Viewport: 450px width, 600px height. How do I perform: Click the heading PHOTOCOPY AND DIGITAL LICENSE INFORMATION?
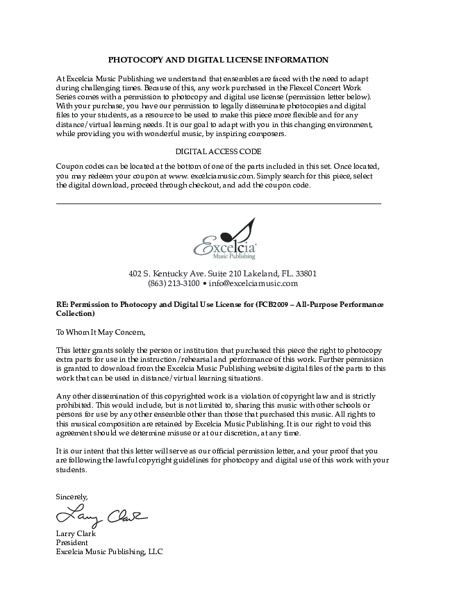coord(218,60)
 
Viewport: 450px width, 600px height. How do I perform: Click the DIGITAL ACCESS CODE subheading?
coord(218,151)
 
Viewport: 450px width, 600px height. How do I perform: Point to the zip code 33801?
coord(306,273)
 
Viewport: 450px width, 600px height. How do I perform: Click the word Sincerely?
coord(72,497)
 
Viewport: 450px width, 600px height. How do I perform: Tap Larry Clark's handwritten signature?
coord(101,517)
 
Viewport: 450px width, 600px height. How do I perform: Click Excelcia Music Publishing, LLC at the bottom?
coord(109,551)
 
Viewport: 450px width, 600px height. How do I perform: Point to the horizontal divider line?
coord(218,203)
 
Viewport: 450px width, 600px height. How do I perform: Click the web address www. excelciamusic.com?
coord(212,176)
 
